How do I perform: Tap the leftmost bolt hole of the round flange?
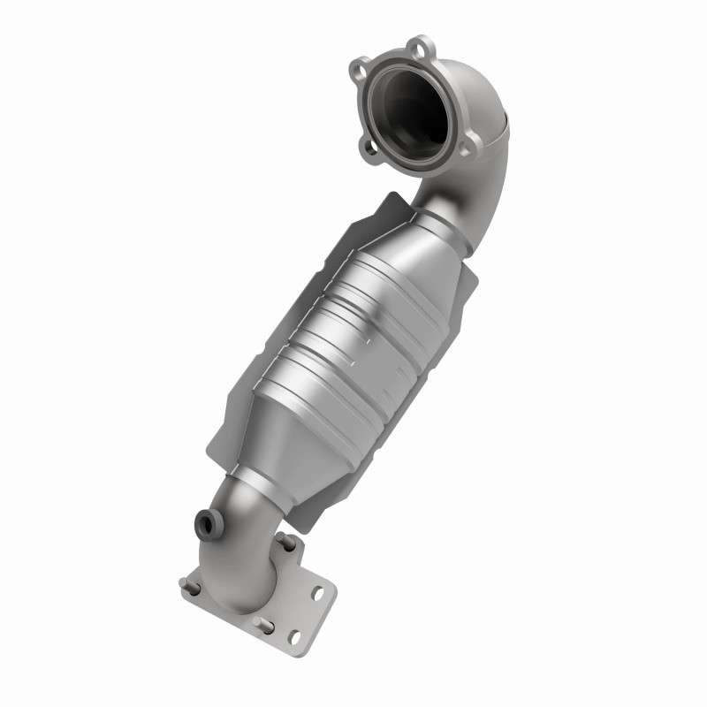click(360, 67)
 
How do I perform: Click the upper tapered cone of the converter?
click(424, 239)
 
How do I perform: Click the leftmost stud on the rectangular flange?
click(188, 584)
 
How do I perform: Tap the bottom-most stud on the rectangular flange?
click(262, 625)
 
